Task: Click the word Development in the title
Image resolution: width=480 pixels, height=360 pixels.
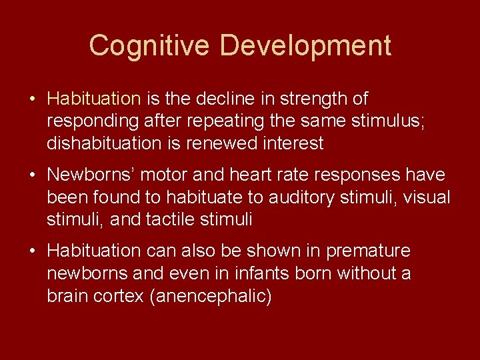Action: coord(305,46)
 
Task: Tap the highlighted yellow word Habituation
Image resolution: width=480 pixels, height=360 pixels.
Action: coord(94,99)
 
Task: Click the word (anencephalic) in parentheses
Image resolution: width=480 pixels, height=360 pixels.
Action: coord(211,296)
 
